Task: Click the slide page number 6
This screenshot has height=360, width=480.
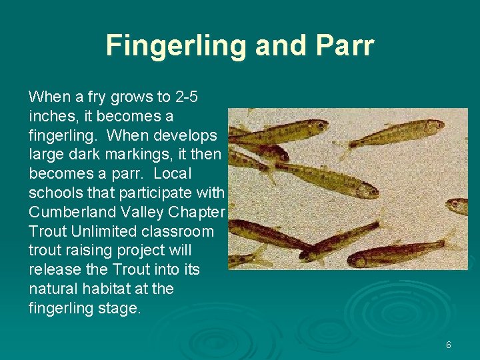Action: pyautogui.click(x=448, y=345)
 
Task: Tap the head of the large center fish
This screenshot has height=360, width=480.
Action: pyautogui.click(x=364, y=189)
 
